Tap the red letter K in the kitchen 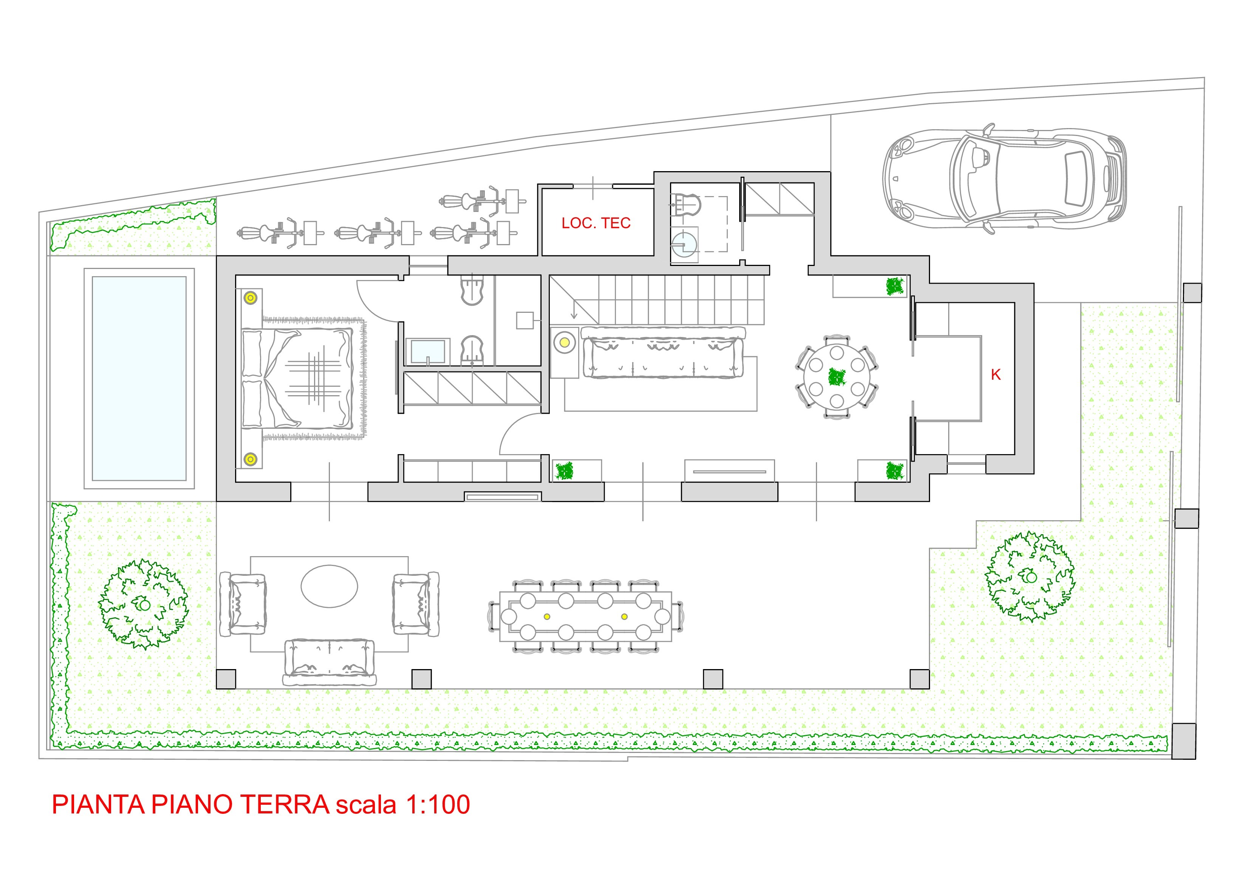coord(995,375)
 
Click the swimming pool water coord(139,379)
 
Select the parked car coord(1004,178)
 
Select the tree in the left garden coord(143,604)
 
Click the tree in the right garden coord(1030,577)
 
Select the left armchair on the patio coord(243,604)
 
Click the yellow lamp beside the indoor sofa coord(564,342)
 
